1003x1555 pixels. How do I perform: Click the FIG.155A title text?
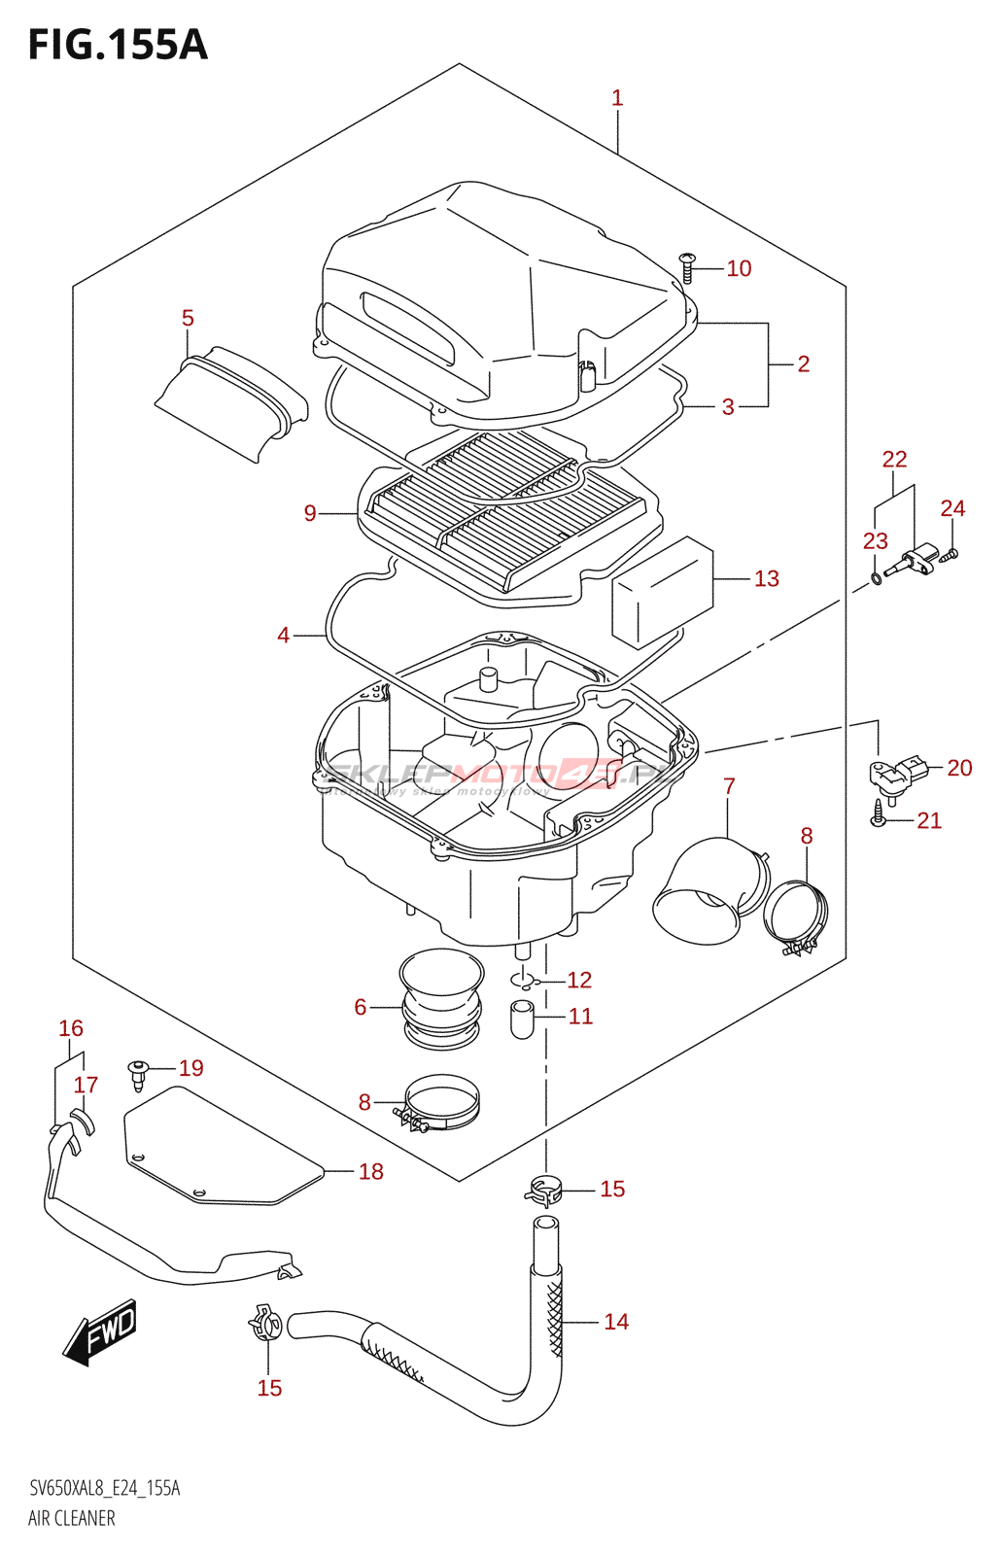(118, 45)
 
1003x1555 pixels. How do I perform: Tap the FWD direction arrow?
(101, 1331)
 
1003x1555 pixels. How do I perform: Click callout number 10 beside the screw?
(739, 269)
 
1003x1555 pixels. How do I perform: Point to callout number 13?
(766, 579)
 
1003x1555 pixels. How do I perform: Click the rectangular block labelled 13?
(661, 593)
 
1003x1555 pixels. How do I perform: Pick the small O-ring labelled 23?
(876, 580)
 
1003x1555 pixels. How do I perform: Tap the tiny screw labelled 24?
(951, 554)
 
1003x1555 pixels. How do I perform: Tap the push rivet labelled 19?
(139, 1072)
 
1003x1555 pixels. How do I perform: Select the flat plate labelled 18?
(222, 1147)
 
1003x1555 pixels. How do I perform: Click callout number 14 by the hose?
(616, 1322)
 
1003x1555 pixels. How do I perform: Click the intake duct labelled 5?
(231, 402)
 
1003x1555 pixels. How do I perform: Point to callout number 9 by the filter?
(310, 513)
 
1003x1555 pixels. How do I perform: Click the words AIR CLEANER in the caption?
(71, 1518)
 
